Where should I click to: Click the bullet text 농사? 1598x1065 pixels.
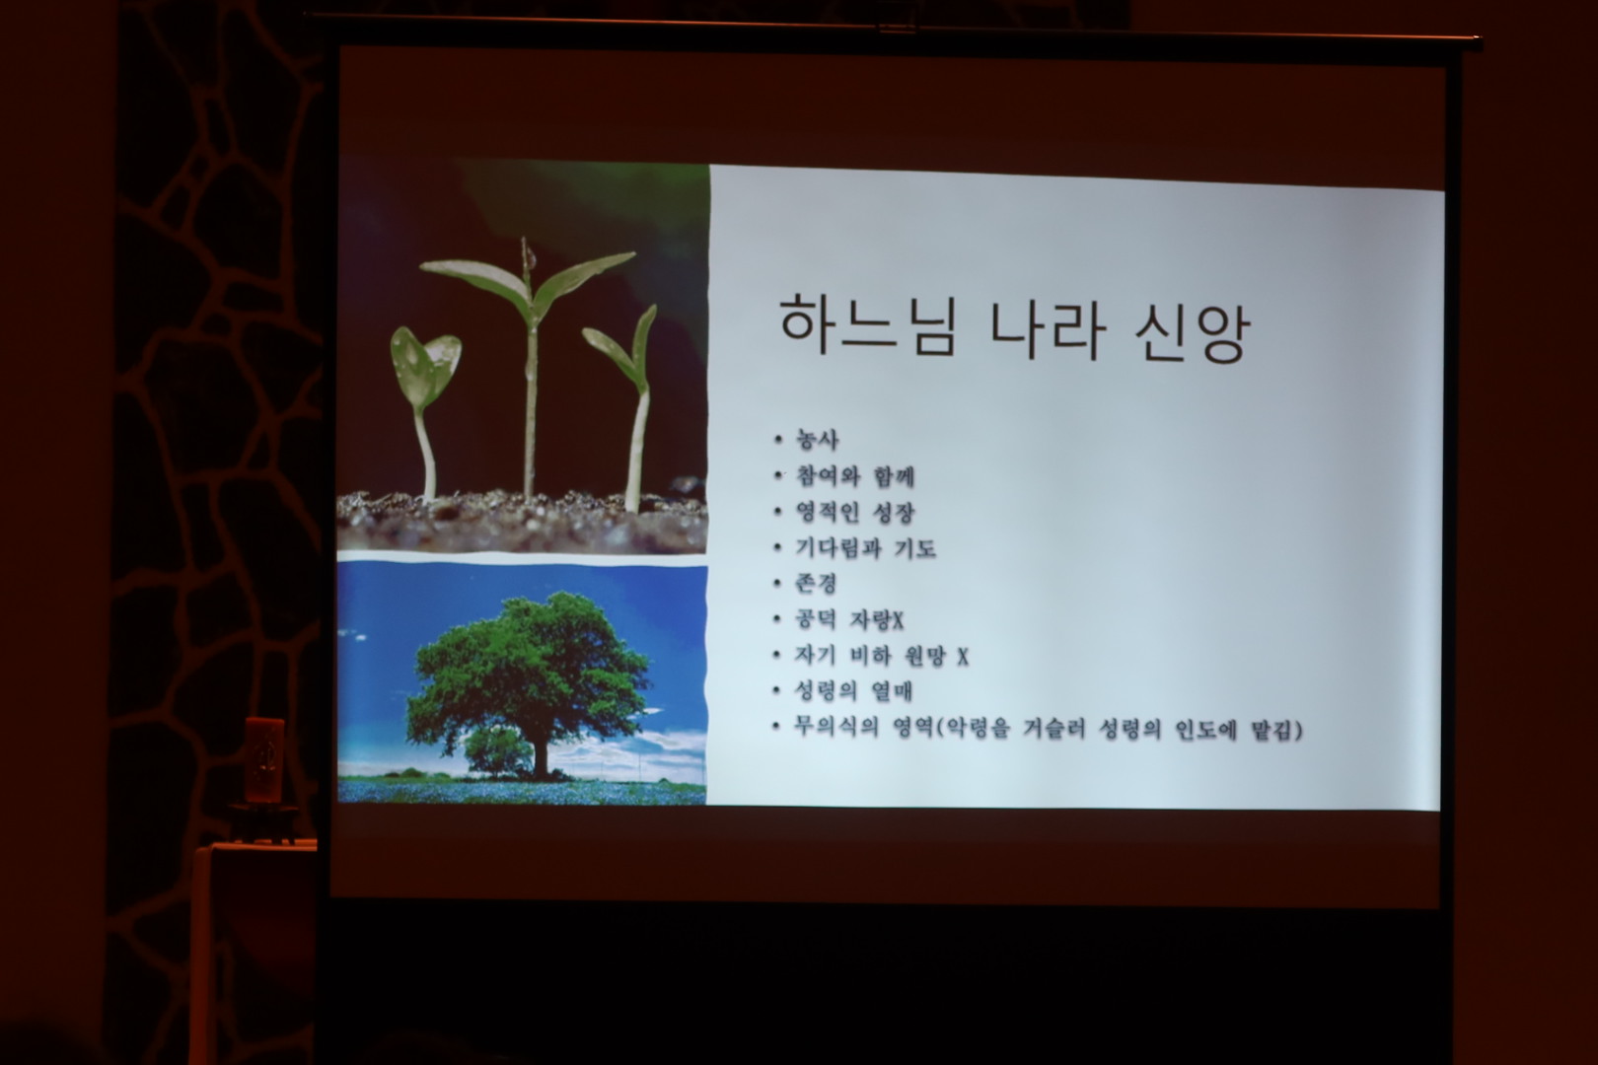(x=817, y=440)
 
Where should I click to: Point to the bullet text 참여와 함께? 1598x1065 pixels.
(x=854, y=476)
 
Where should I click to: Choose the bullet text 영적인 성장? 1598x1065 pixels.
(x=854, y=513)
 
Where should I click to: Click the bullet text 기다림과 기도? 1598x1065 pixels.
(x=865, y=548)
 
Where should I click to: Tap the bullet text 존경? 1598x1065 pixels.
(x=816, y=584)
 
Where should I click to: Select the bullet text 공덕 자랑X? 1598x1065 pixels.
(x=849, y=619)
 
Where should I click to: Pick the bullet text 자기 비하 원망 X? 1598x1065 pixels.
(x=881, y=655)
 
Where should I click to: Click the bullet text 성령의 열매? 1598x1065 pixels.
(x=853, y=691)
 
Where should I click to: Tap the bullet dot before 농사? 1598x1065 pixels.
(x=778, y=440)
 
